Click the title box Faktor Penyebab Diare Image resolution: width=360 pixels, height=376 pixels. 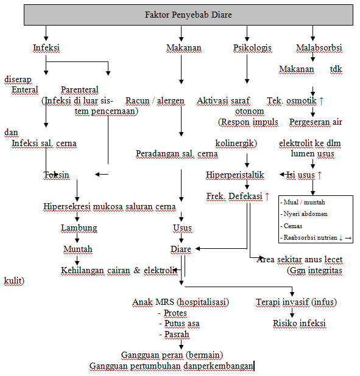188,15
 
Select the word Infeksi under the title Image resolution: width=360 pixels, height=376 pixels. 46,47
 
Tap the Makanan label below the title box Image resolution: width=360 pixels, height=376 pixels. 183,47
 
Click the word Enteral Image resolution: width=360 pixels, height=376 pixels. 25,89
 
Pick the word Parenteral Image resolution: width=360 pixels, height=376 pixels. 80,89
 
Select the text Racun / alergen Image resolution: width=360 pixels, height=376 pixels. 155,100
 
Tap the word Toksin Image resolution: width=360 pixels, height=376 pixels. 56,175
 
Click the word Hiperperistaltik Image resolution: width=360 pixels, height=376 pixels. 235,175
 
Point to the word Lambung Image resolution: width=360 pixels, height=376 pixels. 79,228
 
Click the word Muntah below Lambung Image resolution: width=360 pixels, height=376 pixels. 78,249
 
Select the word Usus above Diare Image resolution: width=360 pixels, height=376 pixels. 182,228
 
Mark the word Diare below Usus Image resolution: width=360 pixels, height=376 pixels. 181,249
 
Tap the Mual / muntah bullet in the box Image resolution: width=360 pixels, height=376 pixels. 299,202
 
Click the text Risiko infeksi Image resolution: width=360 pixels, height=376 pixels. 298,322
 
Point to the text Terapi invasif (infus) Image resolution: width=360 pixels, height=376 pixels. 296,302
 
